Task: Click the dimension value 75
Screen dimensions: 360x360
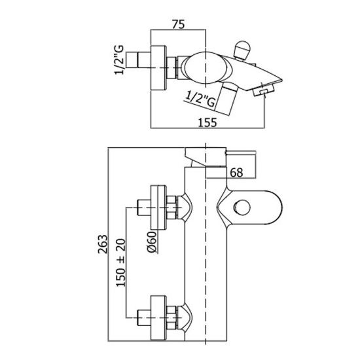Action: tap(178, 24)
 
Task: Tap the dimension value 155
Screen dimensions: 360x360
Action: tap(207, 122)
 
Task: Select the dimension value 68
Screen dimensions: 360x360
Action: tap(236, 172)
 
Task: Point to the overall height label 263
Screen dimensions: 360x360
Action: tap(103, 244)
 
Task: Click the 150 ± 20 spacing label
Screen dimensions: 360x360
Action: tap(121, 263)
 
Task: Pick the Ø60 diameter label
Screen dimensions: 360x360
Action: tap(152, 242)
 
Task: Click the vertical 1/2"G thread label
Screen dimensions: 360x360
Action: tap(119, 60)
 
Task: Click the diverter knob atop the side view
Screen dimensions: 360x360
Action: tap(242, 50)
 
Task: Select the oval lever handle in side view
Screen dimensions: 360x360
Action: tap(205, 69)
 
